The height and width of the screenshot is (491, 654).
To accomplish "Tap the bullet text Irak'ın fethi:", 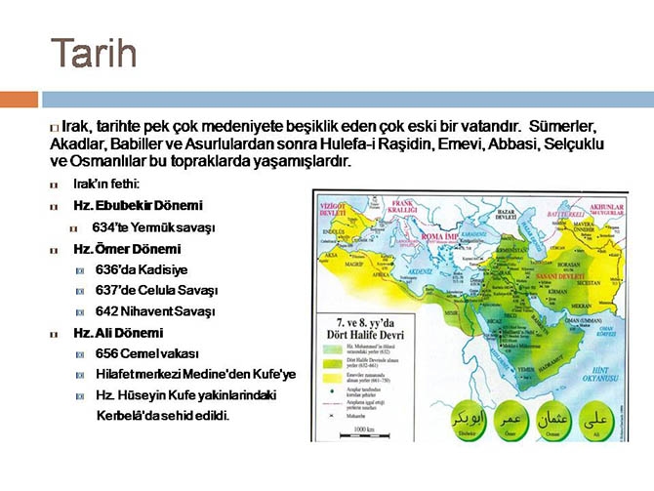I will (x=106, y=184).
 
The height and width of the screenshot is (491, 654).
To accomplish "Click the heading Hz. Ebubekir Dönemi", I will (x=138, y=205).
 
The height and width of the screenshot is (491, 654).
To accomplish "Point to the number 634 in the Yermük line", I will (x=103, y=226).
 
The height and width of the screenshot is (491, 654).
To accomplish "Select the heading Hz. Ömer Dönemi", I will (x=127, y=249).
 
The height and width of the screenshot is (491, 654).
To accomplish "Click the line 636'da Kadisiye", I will (x=142, y=269).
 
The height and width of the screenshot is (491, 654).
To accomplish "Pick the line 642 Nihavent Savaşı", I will (x=154, y=311).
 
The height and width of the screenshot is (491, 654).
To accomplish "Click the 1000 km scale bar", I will (x=364, y=431).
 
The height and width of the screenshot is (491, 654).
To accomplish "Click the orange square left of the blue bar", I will (x=19, y=99).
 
